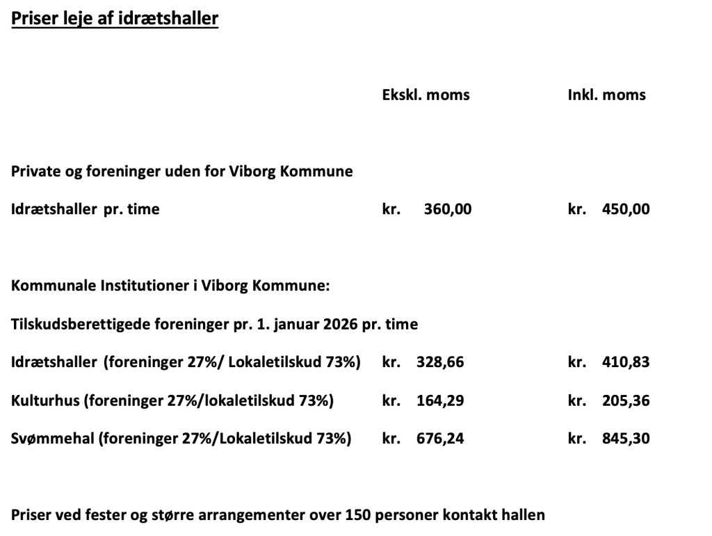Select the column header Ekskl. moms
pyautogui.click(x=426, y=95)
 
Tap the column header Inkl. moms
pyautogui.click(x=606, y=95)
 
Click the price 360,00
pyautogui.click(x=447, y=209)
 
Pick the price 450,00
pyautogui.click(x=626, y=209)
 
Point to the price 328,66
pyautogui.click(x=439, y=362)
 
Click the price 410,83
pyautogui.click(x=626, y=362)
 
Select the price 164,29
pyautogui.click(x=439, y=400)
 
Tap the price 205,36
pyautogui.click(x=626, y=400)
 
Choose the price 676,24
pyautogui.click(x=439, y=439)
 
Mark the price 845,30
pyautogui.click(x=626, y=439)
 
